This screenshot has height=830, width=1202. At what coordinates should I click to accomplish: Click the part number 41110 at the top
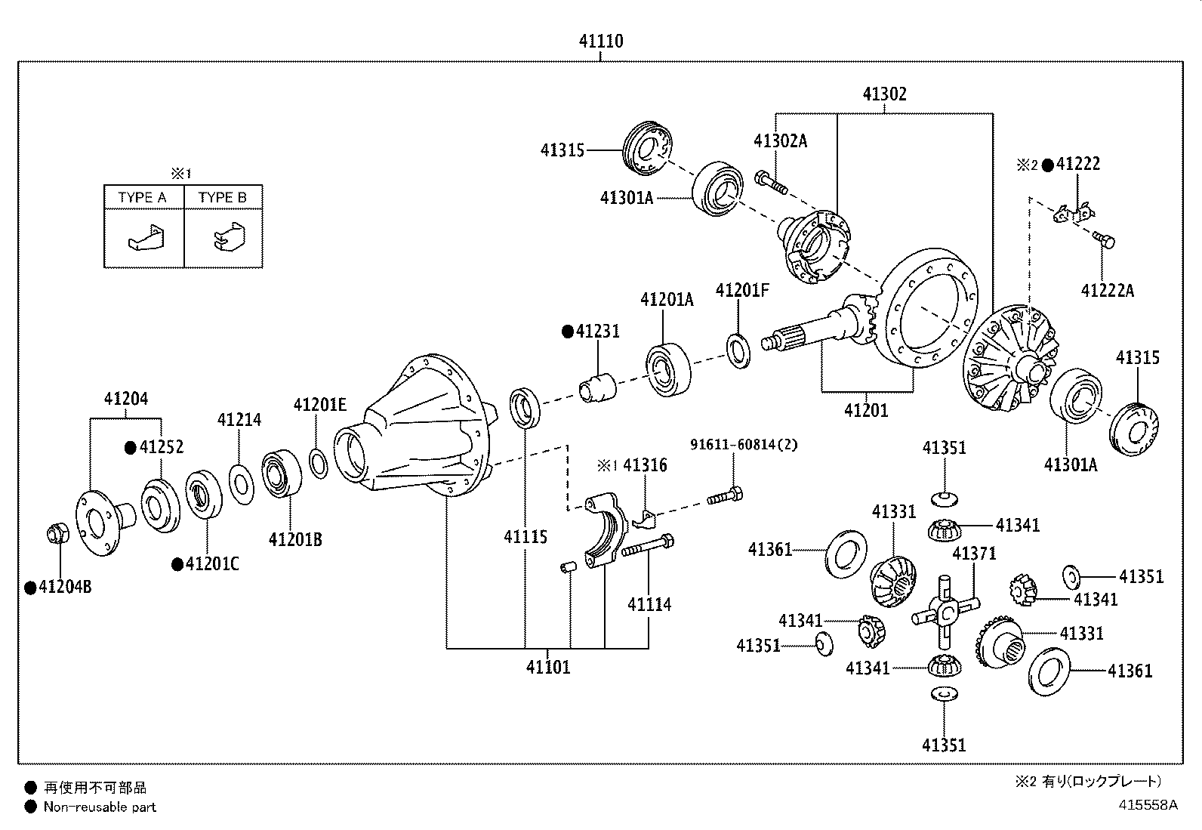coord(601,42)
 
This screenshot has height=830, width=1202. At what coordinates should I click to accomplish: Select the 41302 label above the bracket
coord(884,94)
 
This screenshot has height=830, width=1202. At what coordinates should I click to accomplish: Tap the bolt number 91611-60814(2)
coord(744,445)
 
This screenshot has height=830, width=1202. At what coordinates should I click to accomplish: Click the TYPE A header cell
coord(143,198)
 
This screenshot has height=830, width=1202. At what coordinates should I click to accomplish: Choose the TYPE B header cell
coord(223,198)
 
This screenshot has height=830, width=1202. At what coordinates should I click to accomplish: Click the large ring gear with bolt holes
coord(927,308)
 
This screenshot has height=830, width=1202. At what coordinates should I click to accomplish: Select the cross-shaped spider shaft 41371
coord(945,612)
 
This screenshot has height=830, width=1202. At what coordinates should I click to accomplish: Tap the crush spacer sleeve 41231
coord(598,387)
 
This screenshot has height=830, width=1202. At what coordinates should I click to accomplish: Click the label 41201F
coord(742,291)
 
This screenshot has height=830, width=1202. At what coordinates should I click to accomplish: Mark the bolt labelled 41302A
coord(771,182)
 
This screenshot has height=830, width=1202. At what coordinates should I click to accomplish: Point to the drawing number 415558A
coord(1148,805)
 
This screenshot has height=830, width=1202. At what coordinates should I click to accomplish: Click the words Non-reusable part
coord(100,807)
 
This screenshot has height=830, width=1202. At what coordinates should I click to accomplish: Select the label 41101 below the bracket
coord(548,668)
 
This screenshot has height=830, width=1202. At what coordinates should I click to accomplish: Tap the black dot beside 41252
coord(131,447)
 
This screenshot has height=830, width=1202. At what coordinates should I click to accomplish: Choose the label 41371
coord(974,554)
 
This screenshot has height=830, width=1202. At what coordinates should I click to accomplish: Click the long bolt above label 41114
coord(648,545)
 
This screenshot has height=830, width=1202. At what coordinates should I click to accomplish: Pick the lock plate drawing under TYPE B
coord(230,236)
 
